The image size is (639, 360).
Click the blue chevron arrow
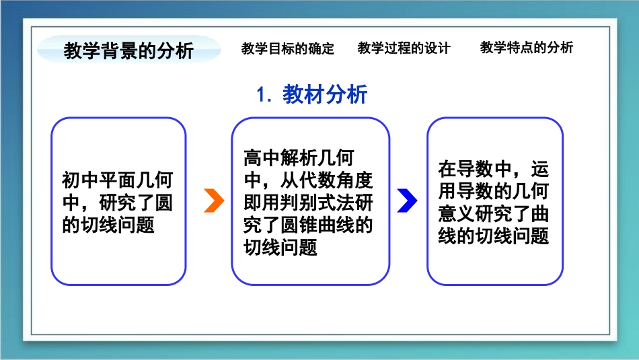pos(408,201)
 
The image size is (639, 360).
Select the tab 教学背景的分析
pos(128,50)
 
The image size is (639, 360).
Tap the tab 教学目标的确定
pos(288,48)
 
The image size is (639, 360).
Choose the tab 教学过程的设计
pos(404,48)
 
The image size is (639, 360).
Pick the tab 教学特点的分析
pos(527,47)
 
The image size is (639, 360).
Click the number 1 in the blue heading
pos(261,95)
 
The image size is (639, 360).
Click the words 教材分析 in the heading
pos(325,94)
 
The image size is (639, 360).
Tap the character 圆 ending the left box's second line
pos(164,203)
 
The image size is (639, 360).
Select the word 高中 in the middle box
pos(262,158)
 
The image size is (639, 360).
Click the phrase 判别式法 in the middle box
pos(317,203)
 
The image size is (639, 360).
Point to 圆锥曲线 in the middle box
pos(317,225)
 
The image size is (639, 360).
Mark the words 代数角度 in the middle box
pos(336,180)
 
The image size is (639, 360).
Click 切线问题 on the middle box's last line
pos(280,247)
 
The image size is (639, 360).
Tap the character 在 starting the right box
pos(447,169)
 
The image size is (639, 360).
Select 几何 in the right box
pos(530,191)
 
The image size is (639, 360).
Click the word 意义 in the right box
pos(457,213)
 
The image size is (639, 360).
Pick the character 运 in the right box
pos(539,169)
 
